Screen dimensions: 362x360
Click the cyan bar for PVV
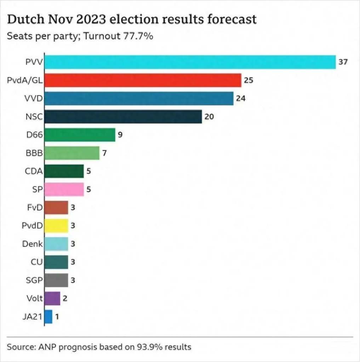pos(190,62)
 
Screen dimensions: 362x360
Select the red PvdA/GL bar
pos(143,80)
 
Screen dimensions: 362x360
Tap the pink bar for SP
pos(64,189)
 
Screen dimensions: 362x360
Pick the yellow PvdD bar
pos(56,225)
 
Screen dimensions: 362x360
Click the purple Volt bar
pos(52,298)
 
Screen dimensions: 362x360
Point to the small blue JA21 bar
pos(48,316)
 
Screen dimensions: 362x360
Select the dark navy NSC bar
pos(123,116)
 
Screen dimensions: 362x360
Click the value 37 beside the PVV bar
pos(343,62)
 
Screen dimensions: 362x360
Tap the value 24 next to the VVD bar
pos(241,98)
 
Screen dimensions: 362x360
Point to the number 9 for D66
pos(120,135)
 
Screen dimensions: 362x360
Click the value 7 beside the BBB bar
pos(104,153)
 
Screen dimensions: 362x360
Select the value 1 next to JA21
pos(57,316)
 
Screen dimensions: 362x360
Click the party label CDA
pos(34,172)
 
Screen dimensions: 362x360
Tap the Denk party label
pos(32,244)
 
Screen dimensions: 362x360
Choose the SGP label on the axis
pos(34,280)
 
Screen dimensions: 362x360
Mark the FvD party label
pos(35,207)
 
